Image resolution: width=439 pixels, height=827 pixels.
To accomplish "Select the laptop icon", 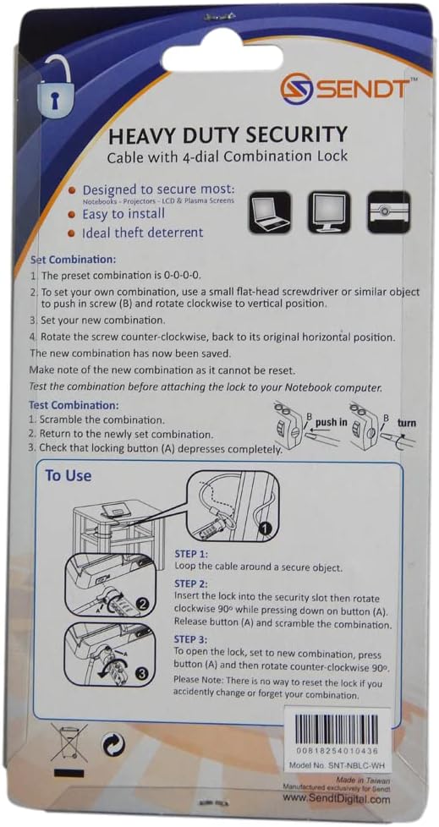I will pos(270,212).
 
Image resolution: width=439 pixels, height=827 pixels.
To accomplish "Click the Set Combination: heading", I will pos(73,260).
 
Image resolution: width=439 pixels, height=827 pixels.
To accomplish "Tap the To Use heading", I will pos(68,475).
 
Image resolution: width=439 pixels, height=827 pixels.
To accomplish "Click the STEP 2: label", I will pos(196,583).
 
